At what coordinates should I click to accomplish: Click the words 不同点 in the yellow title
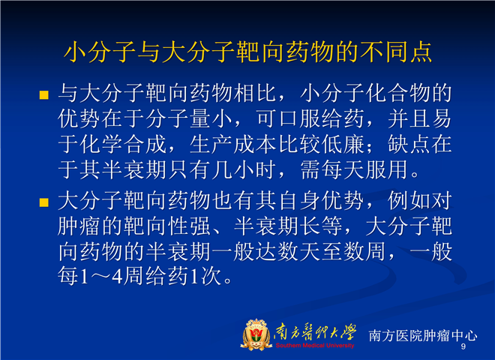396,52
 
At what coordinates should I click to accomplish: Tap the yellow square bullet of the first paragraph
44,94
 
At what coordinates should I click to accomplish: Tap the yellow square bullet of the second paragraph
44,202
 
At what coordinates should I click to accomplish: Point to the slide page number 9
463,346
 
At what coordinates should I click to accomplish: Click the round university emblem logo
256,335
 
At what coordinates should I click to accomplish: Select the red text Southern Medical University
315,346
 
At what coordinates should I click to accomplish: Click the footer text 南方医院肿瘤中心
423,335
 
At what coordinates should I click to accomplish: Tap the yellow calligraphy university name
315,332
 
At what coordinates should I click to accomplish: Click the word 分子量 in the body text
178,119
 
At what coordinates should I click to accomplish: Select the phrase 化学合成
124,145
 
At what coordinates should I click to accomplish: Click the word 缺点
409,145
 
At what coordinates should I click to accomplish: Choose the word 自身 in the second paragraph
299,201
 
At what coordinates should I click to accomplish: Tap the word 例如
409,201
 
